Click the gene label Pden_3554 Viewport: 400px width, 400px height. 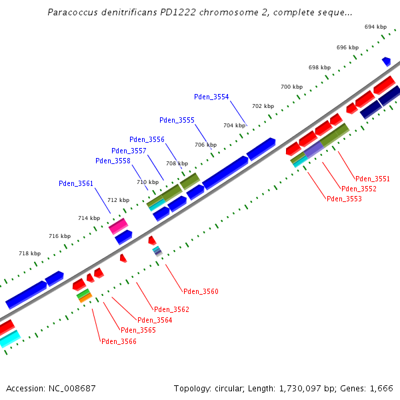(x=211, y=97)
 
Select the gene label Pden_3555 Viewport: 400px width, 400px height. (x=177, y=120)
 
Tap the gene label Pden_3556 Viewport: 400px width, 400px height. (x=147, y=139)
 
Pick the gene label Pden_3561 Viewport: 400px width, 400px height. (x=76, y=183)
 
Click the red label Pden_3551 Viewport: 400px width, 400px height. (x=373, y=179)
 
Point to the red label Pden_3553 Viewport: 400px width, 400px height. (x=344, y=199)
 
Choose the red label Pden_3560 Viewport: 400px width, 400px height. (x=201, y=291)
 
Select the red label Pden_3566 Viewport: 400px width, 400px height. (x=119, y=341)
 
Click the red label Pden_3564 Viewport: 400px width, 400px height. (x=155, y=320)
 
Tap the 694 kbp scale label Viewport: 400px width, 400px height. (x=375, y=27)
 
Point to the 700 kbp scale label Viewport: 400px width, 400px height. (x=291, y=87)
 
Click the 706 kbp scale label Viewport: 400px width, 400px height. (x=205, y=145)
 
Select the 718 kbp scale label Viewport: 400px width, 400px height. (x=29, y=253)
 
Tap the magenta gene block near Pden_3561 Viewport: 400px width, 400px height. (x=119, y=226)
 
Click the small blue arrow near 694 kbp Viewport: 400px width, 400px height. (x=387, y=61)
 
